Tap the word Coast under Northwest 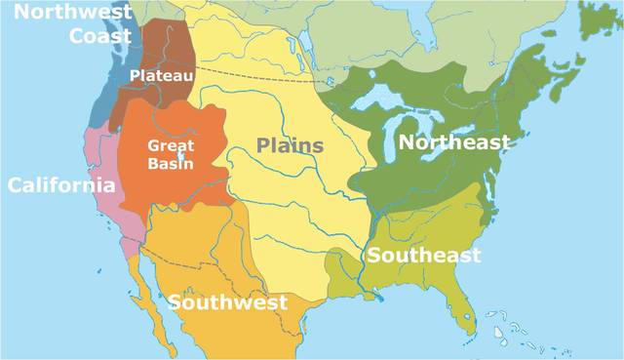pyautogui.click(x=100, y=36)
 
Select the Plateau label pyautogui.click(x=162, y=74)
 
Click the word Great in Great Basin pyautogui.click(x=171, y=145)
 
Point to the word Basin pyautogui.click(x=171, y=163)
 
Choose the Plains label pyautogui.click(x=291, y=145)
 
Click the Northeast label pyautogui.click(x=453, y=143)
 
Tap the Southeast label pyautogui.click(x=424, y=256)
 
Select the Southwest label pyautogui.click(x=228, y=301)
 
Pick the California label pyautogui.click(x=61, y=185)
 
